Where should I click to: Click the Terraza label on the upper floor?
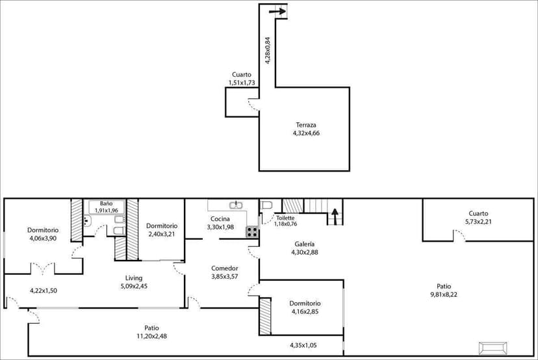305,125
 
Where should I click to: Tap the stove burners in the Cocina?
252,231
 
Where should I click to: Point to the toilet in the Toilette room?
266,206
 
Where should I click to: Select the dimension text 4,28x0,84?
267,49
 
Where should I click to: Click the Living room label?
134,278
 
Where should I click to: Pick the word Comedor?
225,268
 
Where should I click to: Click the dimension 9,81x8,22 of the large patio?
444,294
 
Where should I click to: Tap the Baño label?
106,203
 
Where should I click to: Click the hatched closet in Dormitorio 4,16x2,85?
265,316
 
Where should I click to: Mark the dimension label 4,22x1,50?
44,290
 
